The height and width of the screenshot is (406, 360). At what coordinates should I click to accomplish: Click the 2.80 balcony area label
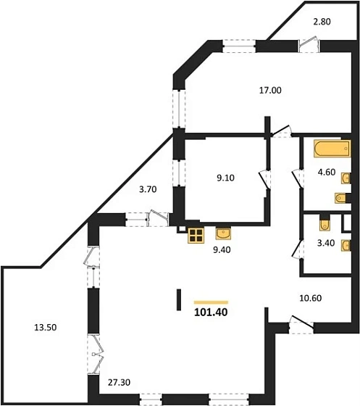click(x=322, y=22)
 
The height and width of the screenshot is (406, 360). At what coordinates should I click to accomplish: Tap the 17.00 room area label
click(x=270, y=91)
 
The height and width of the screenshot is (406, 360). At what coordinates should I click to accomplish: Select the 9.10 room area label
click(x=225, y=178)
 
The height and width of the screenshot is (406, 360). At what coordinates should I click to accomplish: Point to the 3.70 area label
click(x=148, y=189)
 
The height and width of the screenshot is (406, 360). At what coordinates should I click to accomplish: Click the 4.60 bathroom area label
click(x=327, y=172)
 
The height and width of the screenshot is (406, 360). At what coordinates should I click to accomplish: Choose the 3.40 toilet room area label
click(x=326, y=243)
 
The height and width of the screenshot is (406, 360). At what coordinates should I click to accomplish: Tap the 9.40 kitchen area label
click(x=222, y=250)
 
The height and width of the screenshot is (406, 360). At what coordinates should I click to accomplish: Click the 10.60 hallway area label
click(x=310, y=298)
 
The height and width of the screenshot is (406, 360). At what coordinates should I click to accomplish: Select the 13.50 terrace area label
click(x=45, y=328)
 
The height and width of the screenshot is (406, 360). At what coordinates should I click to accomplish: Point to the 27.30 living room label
click(x=119, y=382)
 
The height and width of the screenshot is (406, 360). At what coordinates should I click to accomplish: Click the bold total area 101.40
click(x=211, y=312)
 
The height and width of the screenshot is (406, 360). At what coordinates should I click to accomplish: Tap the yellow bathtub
click(x=332, y=149)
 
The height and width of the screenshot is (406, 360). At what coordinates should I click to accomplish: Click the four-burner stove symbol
click(x=196, y=235)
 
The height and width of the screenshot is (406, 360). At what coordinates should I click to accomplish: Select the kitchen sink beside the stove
click(x=223, y=233)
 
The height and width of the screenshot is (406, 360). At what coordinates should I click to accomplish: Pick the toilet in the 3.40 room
click(x=325, y=224)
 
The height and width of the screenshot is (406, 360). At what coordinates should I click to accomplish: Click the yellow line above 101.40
click(x=211, y=302)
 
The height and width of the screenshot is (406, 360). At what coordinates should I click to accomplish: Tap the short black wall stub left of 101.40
click(x=179, y=299)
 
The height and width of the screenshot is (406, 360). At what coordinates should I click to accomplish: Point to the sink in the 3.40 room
click(x=346, y=246)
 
